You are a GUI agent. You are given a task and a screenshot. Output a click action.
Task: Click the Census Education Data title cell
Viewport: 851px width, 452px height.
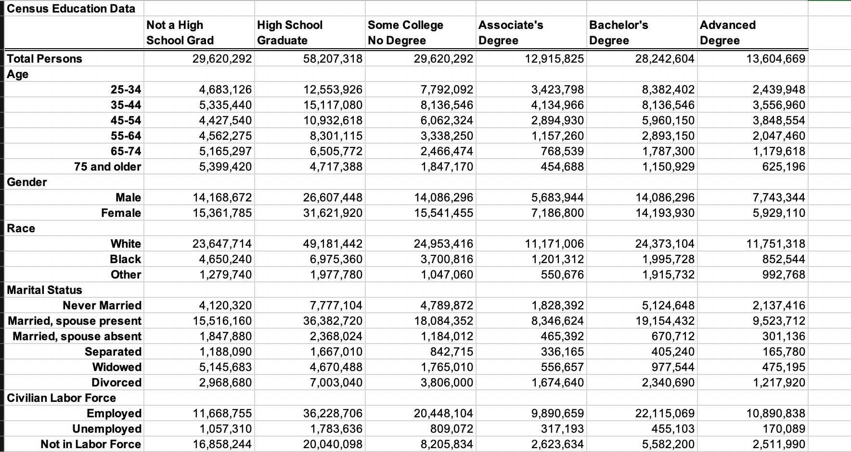(x=71, y=8)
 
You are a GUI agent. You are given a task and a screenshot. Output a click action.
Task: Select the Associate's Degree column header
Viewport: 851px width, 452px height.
(x=511, y=32)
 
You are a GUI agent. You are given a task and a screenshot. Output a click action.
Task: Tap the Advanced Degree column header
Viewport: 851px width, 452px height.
(x=727, y=32)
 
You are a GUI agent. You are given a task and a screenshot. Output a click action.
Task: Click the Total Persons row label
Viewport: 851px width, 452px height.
(x=44, y=59)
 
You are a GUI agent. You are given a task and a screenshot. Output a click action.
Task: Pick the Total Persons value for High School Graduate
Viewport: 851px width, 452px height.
(x=333, y=59)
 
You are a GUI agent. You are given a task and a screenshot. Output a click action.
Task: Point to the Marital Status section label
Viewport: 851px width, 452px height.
(x=44, y=290)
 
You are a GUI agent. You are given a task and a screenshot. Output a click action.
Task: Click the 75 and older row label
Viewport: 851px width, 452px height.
(x=107, y=167)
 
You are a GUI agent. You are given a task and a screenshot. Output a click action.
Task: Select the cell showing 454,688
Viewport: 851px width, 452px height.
(x=562, y=167)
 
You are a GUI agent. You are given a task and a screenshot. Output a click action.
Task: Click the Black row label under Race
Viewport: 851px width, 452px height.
(x=125, y=259)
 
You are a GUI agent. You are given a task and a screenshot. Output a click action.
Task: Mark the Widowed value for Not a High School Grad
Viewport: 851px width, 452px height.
(x=225, y=367)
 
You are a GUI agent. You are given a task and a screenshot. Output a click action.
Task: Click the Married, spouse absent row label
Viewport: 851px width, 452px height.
(x=77, y=336)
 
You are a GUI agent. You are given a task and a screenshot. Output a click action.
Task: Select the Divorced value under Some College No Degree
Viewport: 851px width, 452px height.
(x=447, y=383)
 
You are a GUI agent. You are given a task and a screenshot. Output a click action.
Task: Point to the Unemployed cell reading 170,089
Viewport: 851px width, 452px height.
(x=784, y=429)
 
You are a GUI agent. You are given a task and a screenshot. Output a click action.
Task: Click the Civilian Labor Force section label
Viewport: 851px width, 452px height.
(x=61, y=398)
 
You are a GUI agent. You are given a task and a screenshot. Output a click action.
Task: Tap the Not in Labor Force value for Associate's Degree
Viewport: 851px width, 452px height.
(x=557, y=444)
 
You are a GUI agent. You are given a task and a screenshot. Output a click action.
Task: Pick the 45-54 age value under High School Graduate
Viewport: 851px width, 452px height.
(x=333, y=120)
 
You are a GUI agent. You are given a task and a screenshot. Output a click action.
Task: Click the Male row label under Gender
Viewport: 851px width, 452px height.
(x=128, y=198)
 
